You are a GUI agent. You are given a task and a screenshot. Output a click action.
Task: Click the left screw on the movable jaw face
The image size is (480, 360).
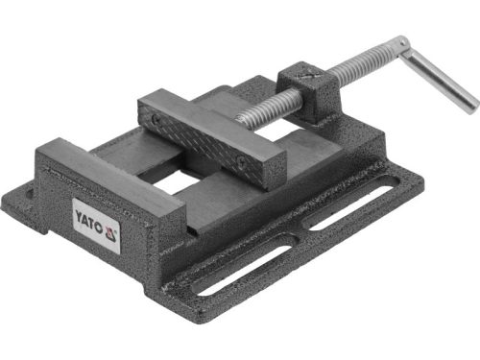(154, 121)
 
